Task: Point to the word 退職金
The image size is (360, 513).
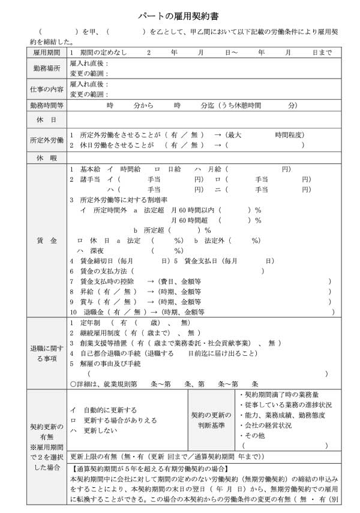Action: tap(93, 312)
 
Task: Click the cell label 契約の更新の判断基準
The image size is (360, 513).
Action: tap(211, 420)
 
